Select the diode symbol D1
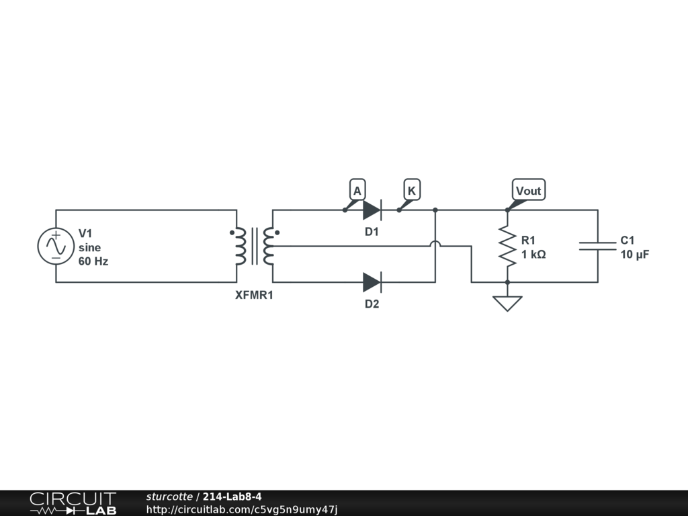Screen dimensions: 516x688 [x=372, y=210]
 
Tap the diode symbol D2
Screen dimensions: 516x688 [x=372, y=282]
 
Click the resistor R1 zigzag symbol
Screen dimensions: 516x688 [x=507, y=246]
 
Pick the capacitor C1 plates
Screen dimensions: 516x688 [x=597, y=246]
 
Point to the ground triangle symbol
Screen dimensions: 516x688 [x=507, y=303]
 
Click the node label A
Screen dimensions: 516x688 [x=357, y=191]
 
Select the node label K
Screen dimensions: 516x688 [x=411, y=191]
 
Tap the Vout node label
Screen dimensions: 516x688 [x=528, y=191]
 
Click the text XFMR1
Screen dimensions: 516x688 [x=254, y=294]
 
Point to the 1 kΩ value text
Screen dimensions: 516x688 [x=533, y=255]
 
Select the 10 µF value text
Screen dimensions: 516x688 [x=634, y=255]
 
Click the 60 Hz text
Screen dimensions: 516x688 [x=93, y=261]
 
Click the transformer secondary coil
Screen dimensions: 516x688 [x=269, y=246]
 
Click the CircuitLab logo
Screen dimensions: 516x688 [x=73, y=503]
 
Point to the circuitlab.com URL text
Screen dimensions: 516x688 [x=241, y=509]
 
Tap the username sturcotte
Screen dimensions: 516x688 [x=169, y=497]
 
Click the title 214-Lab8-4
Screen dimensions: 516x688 [x=232, y=497]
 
